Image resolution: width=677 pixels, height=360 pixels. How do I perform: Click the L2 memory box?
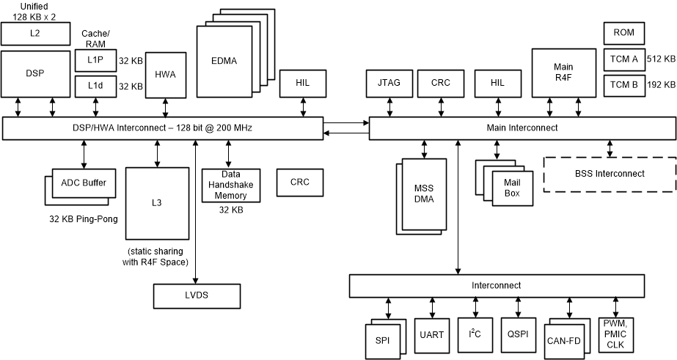coord(34,33)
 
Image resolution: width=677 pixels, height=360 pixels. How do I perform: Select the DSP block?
coord(34,74)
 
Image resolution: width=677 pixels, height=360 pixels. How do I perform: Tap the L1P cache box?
coord(95,61)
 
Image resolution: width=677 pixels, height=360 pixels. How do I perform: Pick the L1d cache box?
coord(95,87)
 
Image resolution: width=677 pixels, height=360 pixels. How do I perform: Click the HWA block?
coord(165,74)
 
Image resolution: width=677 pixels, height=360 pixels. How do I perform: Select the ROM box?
coord(623,33)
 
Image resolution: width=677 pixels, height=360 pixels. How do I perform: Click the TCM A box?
coord(623,59)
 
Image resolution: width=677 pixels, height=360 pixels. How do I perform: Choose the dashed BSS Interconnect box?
coord(610,174)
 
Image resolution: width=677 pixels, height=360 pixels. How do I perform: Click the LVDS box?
coord(196,295)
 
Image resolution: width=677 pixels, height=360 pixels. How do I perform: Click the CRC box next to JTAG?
coord(440,83)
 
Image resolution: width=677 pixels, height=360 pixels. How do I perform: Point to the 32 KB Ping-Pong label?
coord(84,218)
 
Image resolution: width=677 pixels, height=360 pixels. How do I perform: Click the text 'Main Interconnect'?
coord(522,128)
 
